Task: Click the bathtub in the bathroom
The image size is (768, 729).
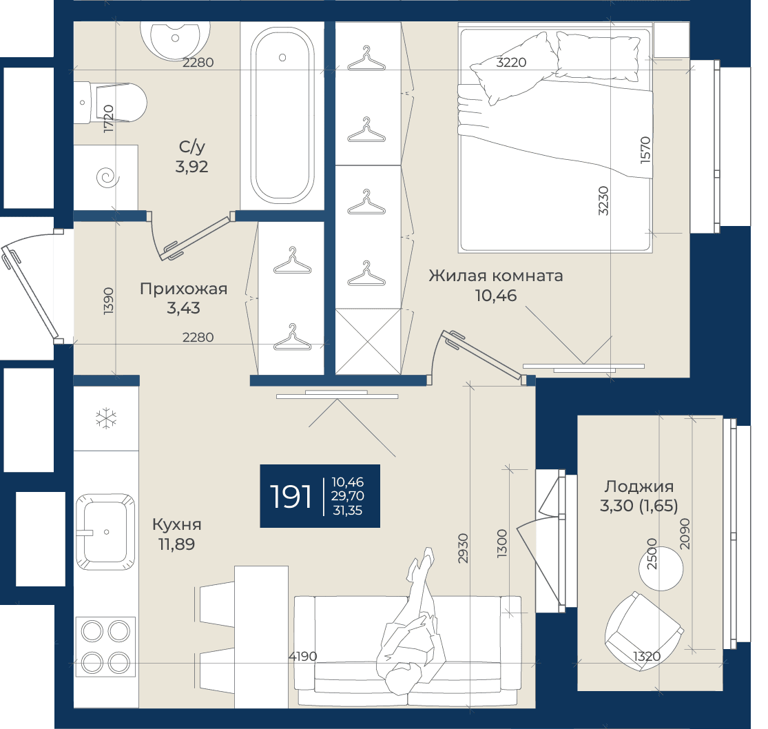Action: pos(282,115)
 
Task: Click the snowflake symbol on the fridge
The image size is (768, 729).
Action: pos(106,419)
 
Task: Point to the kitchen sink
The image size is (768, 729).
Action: pos(105,532)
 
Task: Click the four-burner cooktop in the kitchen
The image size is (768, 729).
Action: pos(105,647)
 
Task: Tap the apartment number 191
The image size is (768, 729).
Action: pos(291,496)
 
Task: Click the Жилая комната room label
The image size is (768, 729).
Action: pos(496,276)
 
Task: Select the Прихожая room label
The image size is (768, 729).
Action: pos(184,289)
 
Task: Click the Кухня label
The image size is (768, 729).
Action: pos(177,524)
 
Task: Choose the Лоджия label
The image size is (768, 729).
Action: pos(639,486)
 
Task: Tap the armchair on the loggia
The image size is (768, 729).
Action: pos(643,627)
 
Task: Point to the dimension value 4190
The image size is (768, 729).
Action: pos(302,656)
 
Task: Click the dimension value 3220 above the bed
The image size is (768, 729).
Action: pos(511,62)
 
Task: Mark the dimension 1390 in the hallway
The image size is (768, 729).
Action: pos(108,301)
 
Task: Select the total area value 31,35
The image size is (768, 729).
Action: pos(348,511)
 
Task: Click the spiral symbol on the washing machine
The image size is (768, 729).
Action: pos(108,177)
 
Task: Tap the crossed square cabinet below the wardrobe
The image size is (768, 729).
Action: pos(369,342)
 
